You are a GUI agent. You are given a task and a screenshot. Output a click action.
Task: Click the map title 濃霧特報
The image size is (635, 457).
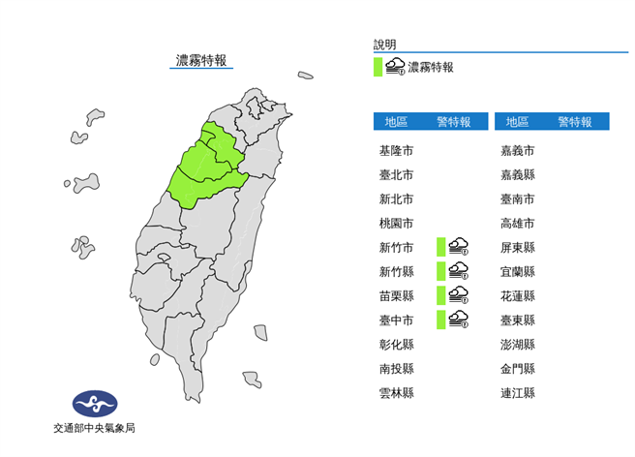201,60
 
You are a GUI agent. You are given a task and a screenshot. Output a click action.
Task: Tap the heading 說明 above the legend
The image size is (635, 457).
385,45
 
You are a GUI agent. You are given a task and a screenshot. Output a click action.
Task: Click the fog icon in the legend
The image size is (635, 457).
395,67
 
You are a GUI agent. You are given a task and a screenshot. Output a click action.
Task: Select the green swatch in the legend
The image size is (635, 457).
378,67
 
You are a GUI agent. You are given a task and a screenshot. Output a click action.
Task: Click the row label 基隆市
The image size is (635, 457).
397,151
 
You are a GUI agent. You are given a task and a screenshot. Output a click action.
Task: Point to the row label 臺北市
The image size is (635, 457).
397,175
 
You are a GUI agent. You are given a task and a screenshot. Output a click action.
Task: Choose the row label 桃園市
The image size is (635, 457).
397,224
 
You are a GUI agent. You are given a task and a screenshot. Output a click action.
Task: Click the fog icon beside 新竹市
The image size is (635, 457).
459,247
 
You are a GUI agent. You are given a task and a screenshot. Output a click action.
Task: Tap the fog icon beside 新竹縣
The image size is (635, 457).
459,271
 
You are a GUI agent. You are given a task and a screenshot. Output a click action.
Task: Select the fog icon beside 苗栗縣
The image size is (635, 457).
459,295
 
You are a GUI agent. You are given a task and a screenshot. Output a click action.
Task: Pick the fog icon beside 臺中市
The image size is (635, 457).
459,320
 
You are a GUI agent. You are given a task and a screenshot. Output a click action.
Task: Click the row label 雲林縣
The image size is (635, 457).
397,393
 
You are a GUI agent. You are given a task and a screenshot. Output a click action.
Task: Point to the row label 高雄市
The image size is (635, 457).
518,224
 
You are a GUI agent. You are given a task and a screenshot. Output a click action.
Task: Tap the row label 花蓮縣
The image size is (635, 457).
518,296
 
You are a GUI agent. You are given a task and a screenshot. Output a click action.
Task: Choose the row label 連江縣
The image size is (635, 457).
518,393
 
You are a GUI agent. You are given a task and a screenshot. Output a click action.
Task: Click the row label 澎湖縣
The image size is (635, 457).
518,345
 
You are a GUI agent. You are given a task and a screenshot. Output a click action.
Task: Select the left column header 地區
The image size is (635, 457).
397,122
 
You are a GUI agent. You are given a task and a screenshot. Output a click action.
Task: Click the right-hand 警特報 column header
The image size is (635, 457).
575,122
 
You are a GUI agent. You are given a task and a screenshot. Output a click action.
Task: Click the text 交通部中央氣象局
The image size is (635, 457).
94,428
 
